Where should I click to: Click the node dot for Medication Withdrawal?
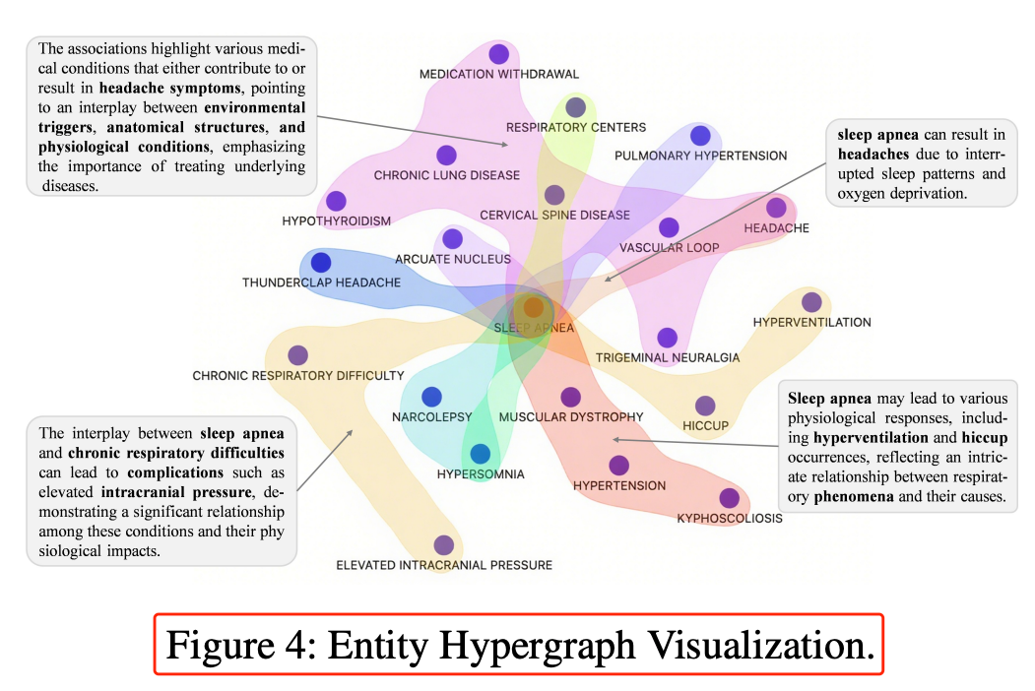point(498,54)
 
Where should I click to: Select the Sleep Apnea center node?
point(533,307)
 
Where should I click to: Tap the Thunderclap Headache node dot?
point(320,263)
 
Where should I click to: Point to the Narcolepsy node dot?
point(431,397)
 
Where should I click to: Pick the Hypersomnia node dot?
point(480,454)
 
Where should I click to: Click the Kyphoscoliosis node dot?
point(729,498)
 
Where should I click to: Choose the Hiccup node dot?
point(705,406)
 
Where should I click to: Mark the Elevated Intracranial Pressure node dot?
point(444,544)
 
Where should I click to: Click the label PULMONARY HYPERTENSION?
point(700,156)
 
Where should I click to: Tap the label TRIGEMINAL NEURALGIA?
point(667,357)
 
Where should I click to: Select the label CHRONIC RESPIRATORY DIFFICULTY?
point(298,375)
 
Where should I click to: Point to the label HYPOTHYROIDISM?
point(337,220)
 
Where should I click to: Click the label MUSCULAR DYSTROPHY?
point(570,417)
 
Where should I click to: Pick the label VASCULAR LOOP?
point(669,247)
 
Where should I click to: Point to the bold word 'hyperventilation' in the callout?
point(866,436)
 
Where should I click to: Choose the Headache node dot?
point(776,208)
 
